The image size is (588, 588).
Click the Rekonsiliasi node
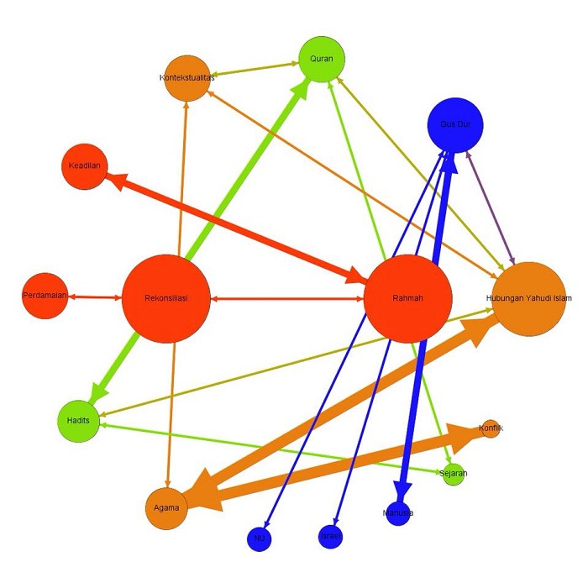[x=165, y=298]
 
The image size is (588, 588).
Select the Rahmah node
[x=407, y=298]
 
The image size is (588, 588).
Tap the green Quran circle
[x=322, y=59]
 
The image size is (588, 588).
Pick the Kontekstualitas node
[x=187, y=78]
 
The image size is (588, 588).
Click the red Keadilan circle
[x=85, y=165]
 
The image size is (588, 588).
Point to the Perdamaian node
[x=45, y=297]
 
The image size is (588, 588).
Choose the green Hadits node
[x=79, y=418]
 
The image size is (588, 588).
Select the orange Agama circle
[x=165, y=507]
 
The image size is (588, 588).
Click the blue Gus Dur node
[x=456, y=124]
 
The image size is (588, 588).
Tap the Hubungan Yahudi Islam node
[x=529, y=298]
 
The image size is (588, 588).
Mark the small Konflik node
[x=491, y=428]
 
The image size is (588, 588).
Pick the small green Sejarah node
[x=453, y=474]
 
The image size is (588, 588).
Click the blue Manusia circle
[x=398, y=512]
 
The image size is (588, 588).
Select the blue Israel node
[x=330, y=536]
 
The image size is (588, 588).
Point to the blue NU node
[x=260, y=538]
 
